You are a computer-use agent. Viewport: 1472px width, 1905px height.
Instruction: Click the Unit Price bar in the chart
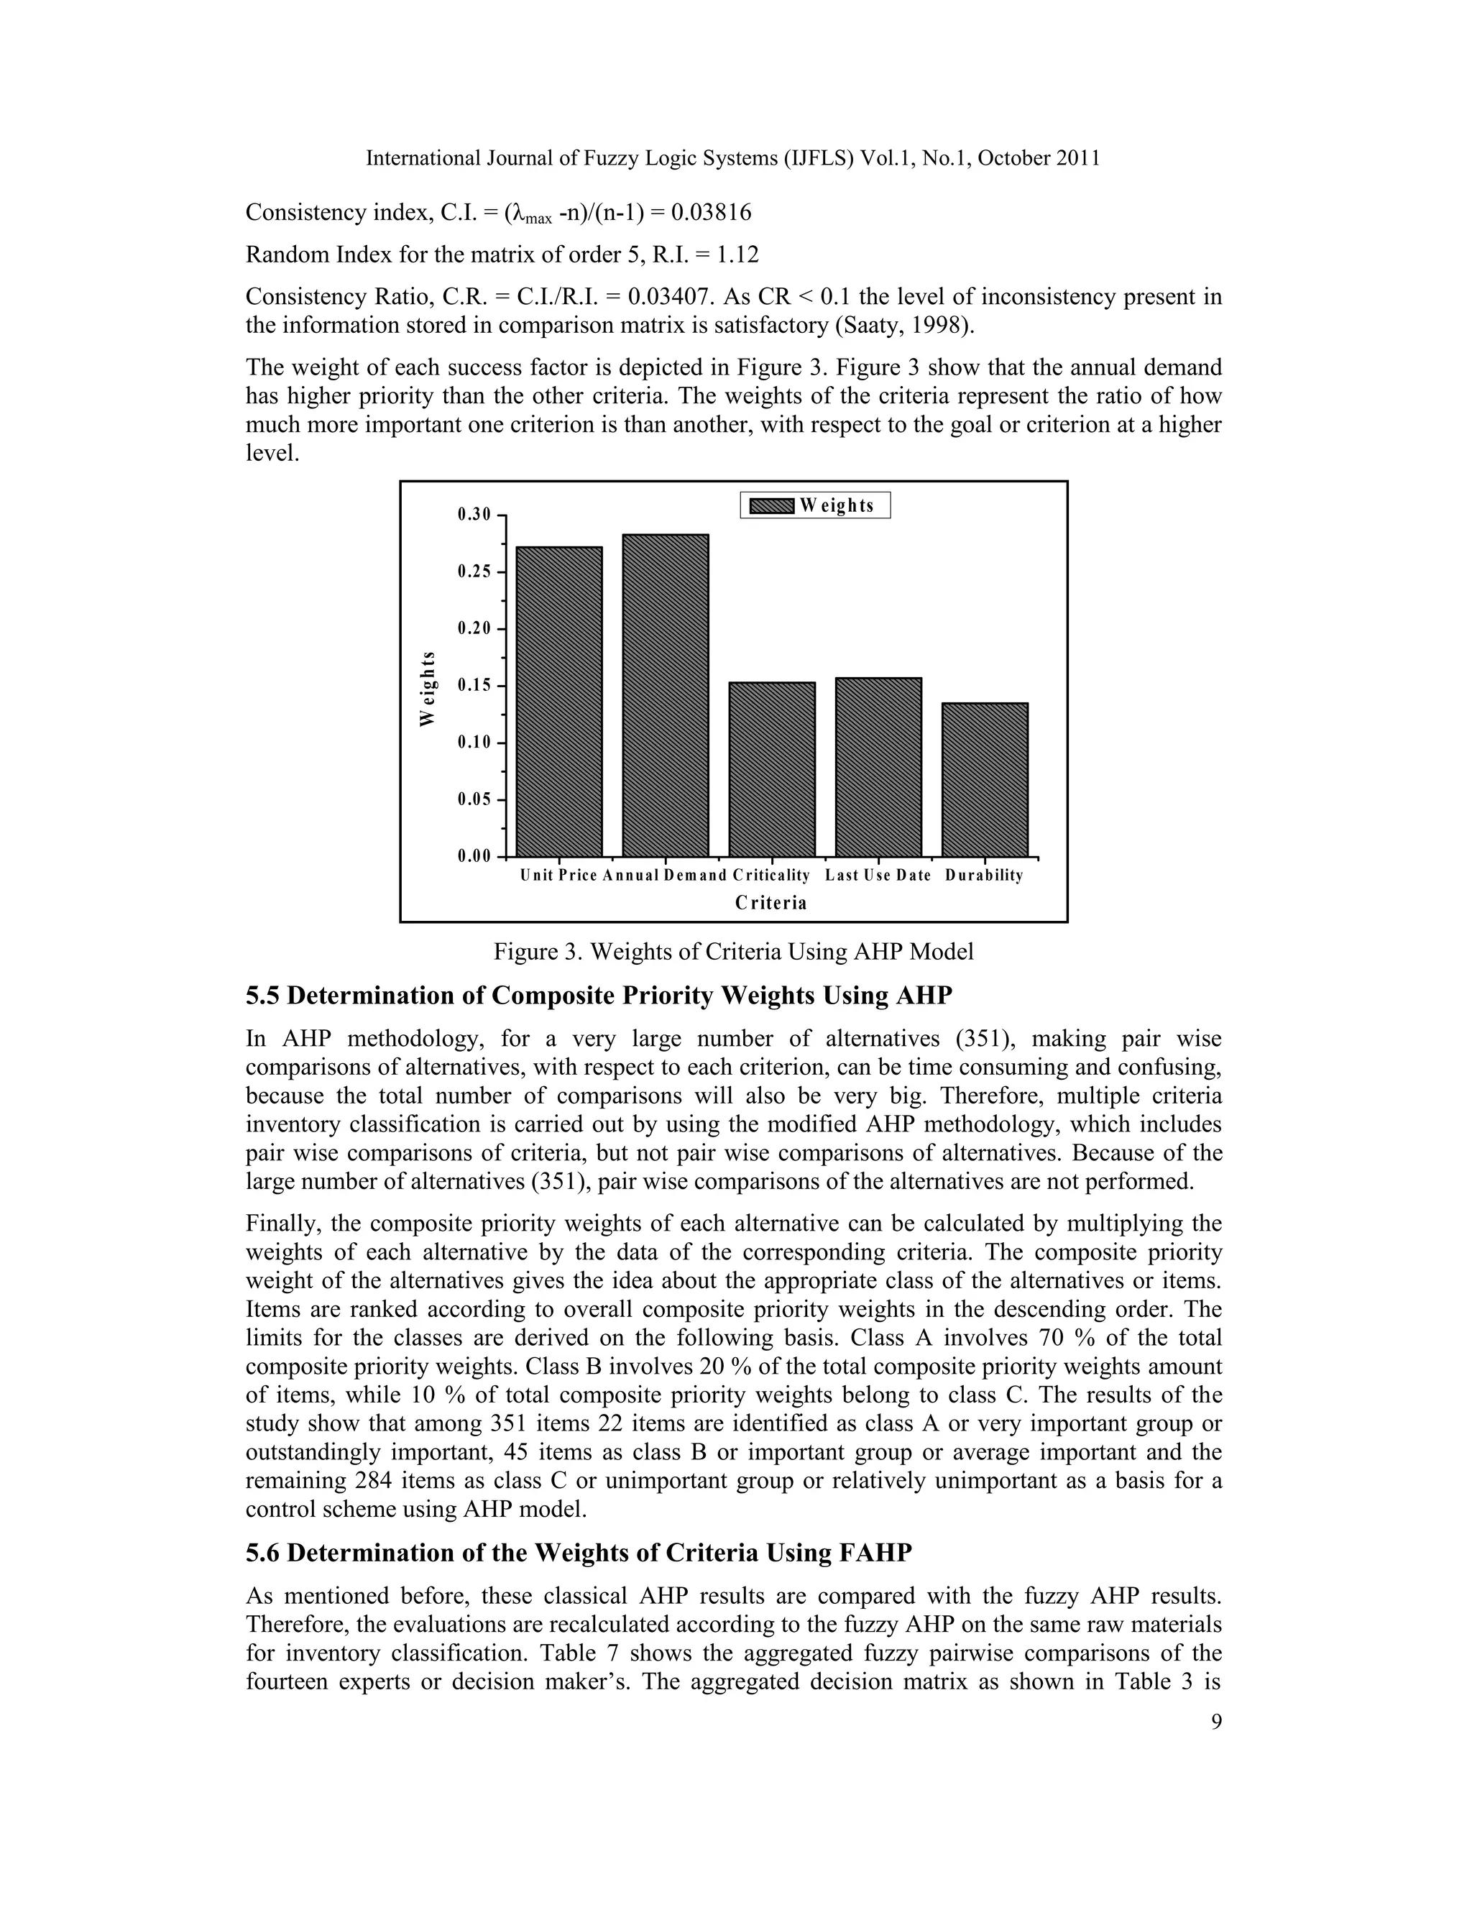tap(559, 702)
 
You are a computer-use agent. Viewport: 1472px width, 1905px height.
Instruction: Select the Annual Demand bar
tap(666, 695)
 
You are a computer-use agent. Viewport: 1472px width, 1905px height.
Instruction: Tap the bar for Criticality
tap(772, 769)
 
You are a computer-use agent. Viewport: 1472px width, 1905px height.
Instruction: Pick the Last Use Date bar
tap(878, 767)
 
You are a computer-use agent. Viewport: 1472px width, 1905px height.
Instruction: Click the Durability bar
tap(985, 779)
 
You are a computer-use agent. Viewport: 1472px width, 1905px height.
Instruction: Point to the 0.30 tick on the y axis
tap(474, 515)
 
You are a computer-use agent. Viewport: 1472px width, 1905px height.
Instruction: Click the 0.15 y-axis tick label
tap(474, 686)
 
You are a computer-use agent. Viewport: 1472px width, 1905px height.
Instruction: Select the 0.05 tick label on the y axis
tap(474, 800)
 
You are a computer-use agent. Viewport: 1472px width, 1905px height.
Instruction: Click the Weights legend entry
tap(815, 506)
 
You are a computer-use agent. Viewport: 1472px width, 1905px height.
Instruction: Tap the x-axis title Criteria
tap(771, 903)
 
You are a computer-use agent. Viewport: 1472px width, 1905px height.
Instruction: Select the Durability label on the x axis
tap(984, 875)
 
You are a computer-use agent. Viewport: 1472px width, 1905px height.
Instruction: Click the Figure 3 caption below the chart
tap(732, 951)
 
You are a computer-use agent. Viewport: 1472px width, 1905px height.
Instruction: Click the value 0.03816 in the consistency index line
tap(707, 213)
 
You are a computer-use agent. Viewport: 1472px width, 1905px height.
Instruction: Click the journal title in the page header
tap(732, 158)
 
